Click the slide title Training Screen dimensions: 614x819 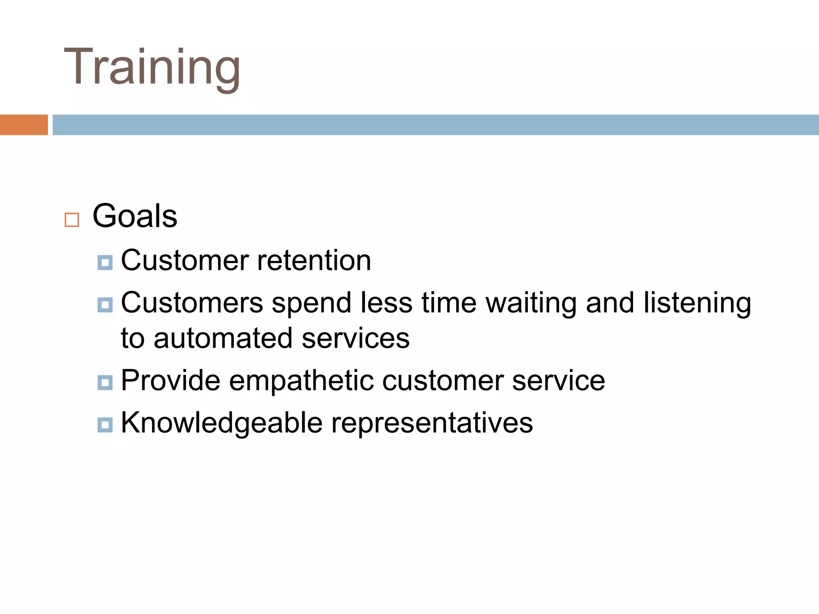coord(152,67)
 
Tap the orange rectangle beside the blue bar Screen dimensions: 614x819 coord(24,125)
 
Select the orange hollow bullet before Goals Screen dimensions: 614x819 coord(72,220)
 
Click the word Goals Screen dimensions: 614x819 coord(135,216)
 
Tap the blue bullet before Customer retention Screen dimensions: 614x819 coord(105,263)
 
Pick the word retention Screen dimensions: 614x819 coord(314,260)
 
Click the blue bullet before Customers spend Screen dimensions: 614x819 coord(105,305)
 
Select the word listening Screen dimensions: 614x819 coord(697,303)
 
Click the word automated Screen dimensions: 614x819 coord(223,338)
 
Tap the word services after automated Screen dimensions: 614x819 coord(356,338)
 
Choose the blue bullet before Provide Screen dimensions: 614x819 coord(105,383)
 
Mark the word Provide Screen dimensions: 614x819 coord(170,380)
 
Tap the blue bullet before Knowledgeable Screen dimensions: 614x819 coord(105,425)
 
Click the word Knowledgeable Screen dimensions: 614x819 coord(222,423)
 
